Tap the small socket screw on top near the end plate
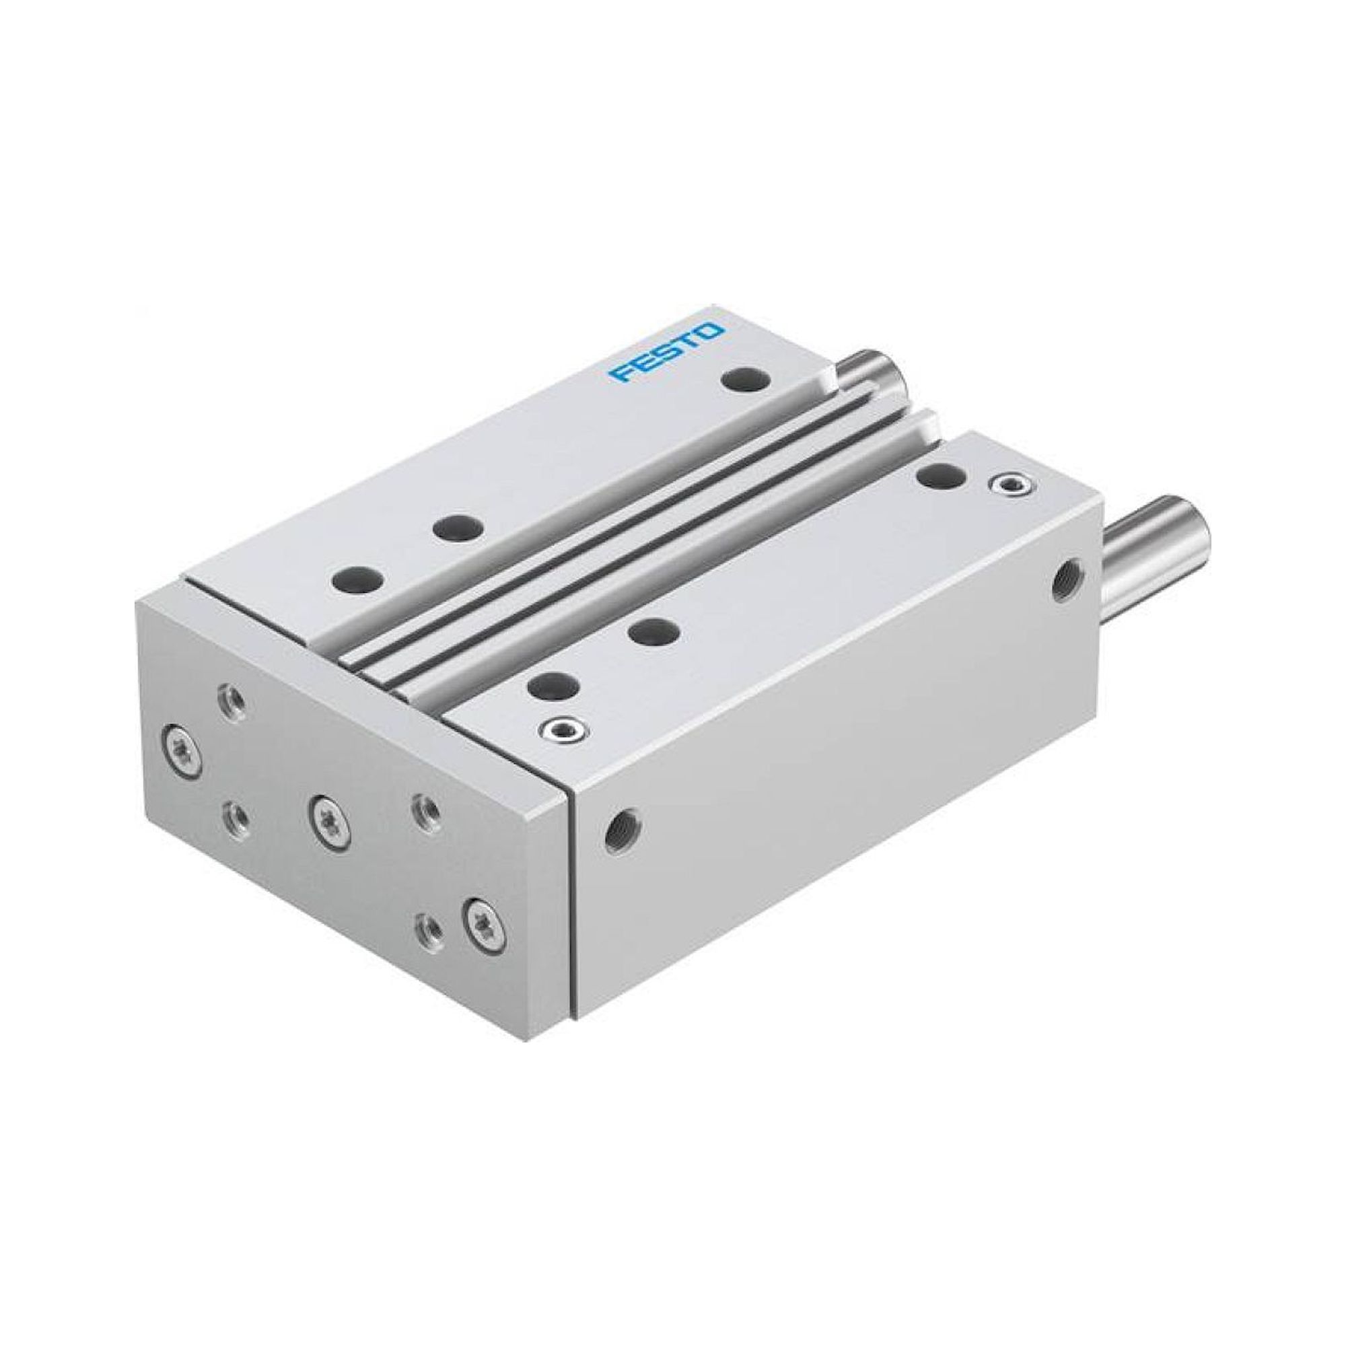(561, 729)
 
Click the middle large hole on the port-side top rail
(653, 633)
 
